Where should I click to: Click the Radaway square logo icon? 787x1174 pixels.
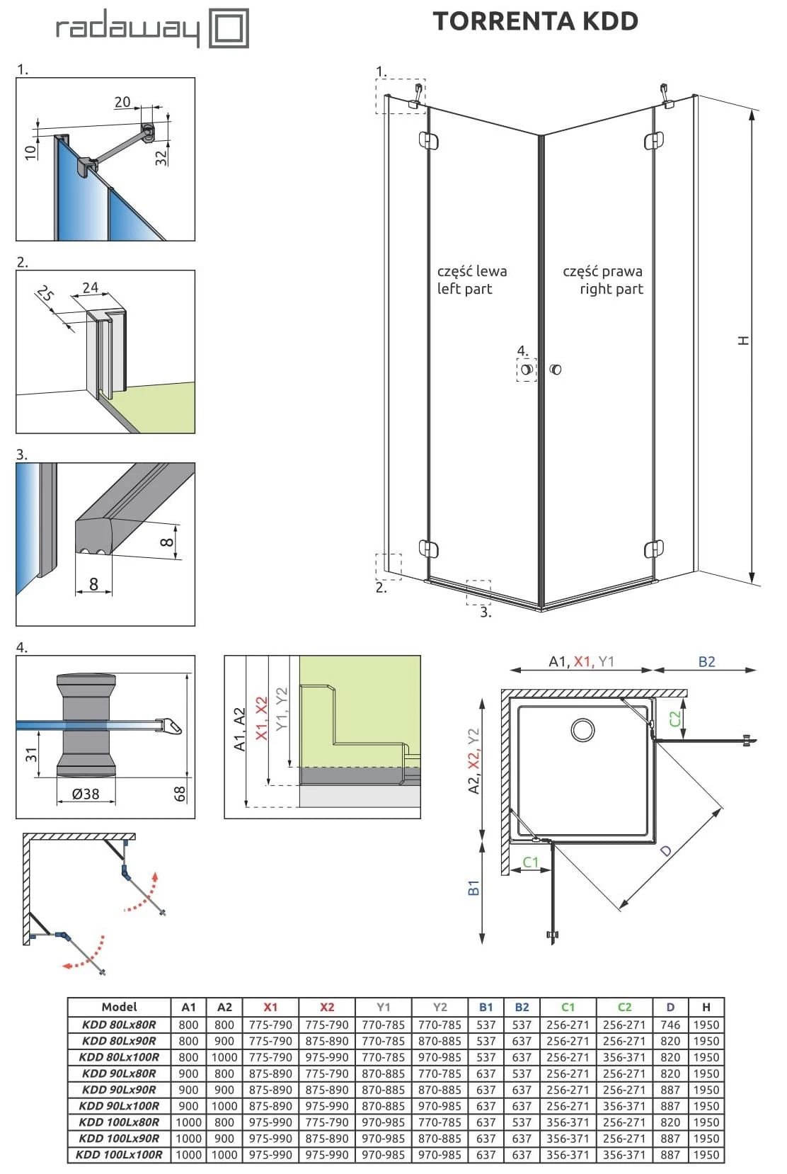(229, 28)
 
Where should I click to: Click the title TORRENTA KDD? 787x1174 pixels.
(535, 21)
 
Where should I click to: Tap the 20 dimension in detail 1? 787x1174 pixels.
(122, 102)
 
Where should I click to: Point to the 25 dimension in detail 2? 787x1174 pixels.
(45, 293)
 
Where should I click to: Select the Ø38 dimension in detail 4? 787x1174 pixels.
(86, 794)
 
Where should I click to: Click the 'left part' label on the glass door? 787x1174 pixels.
(464, 289)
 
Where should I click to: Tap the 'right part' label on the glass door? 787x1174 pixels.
(611, 289)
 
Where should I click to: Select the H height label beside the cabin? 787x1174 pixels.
(743, 341)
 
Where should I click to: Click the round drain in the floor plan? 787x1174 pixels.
(582, 729)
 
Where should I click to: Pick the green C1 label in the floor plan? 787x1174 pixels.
(530, 862)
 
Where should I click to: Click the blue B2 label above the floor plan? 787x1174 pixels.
(706, 661)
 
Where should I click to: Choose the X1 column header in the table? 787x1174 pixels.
(270, 1007)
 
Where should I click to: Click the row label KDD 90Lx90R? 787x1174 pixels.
(119, 1090)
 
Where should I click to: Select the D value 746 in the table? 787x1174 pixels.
(670, 1025)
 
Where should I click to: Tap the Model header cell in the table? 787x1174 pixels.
(119, 1007)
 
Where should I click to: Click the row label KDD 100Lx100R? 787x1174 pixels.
(119, 1155)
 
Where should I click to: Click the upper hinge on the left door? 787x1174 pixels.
(428, 140)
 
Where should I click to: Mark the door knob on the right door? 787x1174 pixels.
(556, 369)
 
